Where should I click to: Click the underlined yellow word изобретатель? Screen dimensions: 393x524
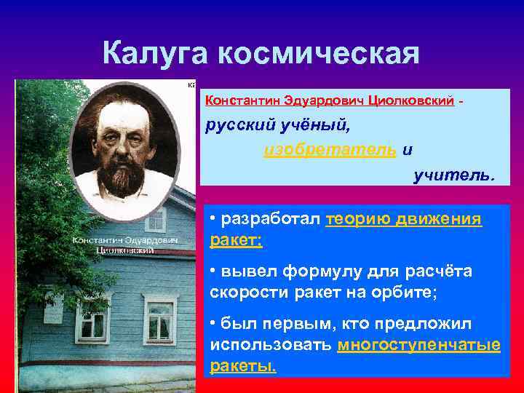330,150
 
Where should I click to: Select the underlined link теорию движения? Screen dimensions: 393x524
404,219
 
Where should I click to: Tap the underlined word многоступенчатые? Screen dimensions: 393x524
419,345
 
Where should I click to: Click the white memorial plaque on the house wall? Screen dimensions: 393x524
52,311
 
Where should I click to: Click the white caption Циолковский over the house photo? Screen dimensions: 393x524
124,250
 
